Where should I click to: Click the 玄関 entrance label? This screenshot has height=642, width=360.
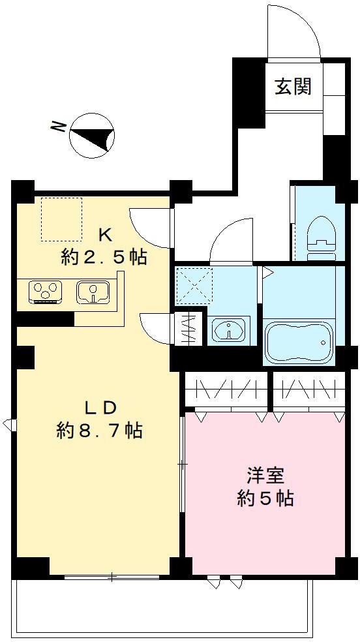click(292, 87)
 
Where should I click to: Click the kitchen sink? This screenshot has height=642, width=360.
click(95, 292)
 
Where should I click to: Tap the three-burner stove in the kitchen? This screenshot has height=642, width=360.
click(45, 291)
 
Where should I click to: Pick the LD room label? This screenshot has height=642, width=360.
click(100, 408)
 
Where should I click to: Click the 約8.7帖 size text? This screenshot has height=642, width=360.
click(99, 431)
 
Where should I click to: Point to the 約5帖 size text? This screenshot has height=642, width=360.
click(264, 499)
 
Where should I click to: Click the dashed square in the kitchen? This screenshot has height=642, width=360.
click(62, 219)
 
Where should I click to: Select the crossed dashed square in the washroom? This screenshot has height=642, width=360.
click(194, 286)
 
